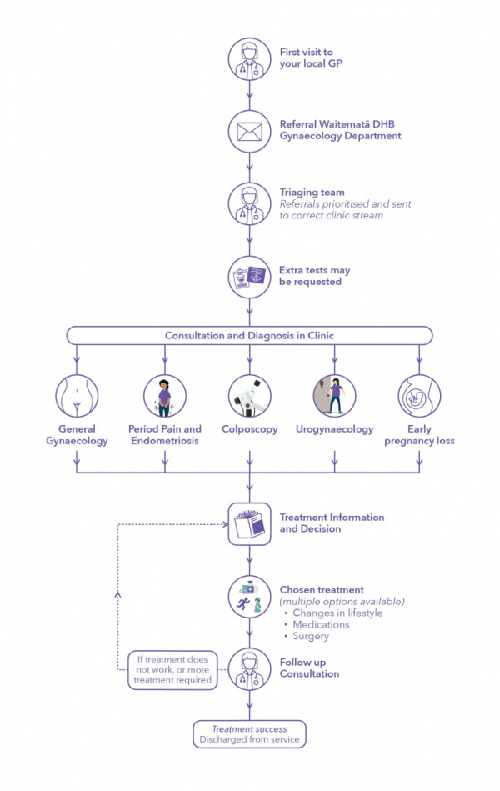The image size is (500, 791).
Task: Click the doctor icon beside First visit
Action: [250, 58]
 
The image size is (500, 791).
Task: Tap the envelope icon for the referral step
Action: [250, 130]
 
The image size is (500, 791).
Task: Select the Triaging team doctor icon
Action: [250, 203]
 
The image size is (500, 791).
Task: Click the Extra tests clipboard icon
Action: [250, 276]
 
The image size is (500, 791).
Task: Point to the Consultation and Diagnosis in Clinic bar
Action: [250, 335]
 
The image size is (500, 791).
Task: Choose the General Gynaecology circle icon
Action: [77, 395]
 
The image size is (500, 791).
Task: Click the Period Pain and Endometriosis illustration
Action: [164, 395]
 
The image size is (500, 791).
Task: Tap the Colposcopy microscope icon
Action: [250, 395]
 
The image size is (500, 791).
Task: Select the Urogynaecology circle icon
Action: [334, 395]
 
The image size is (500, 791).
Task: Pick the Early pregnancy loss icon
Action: [419, 395]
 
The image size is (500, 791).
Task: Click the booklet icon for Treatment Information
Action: [250, 523]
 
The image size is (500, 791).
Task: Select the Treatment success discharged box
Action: [250, 734]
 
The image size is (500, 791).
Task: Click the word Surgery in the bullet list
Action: [311, 637]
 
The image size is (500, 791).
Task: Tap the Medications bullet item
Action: [321, 625]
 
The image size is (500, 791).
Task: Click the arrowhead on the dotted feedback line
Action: [117, 594]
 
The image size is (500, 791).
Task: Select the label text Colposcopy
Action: [250, 430]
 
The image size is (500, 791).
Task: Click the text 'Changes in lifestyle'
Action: [337, 613]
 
